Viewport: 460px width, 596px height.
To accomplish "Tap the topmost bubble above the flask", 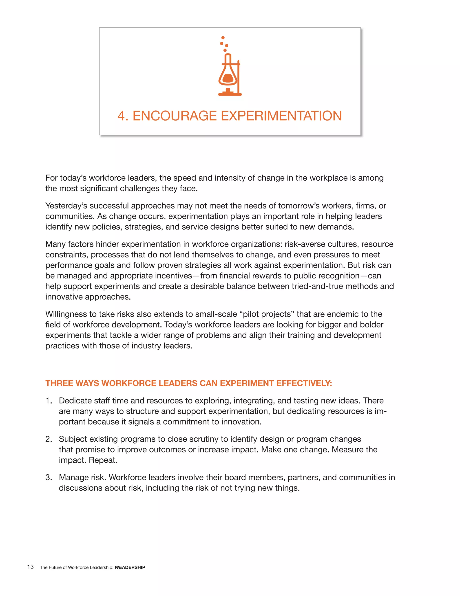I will [223, 38].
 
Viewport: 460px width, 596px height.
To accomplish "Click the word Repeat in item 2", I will [103, 460].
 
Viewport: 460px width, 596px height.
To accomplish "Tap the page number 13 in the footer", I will [30, 567].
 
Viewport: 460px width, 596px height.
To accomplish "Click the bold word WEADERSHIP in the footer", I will [130, 567].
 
